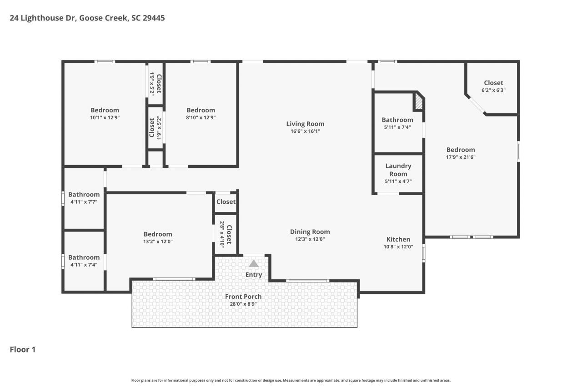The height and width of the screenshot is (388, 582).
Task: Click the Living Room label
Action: click(305, 124)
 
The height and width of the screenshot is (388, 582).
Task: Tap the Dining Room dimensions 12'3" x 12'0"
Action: click(310, 239)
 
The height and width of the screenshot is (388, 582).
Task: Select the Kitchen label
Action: click(398, 239)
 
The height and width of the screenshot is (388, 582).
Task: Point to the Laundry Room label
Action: click(398, 170)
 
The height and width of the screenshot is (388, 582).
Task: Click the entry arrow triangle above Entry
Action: click(254, 263)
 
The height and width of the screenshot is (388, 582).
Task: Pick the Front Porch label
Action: click(243, 297)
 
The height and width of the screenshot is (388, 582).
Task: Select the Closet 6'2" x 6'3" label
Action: click(493, 83)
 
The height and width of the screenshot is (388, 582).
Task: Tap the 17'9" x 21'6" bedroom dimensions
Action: click(461, 157)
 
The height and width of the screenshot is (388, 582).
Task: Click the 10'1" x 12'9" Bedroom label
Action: click(105, 110)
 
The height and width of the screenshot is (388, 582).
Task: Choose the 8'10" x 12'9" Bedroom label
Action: click(201, 110)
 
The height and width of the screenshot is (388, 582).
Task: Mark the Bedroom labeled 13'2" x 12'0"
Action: click(158, 234)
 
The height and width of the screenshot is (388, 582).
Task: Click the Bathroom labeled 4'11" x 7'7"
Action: click(84, 195)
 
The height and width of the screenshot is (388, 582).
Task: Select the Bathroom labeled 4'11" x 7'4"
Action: click(84, 257)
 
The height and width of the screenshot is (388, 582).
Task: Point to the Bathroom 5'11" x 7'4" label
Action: click(397, 120)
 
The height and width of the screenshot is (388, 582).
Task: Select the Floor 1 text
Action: click(23, 349)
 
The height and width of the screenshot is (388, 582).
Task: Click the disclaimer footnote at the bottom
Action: click(291, 380)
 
